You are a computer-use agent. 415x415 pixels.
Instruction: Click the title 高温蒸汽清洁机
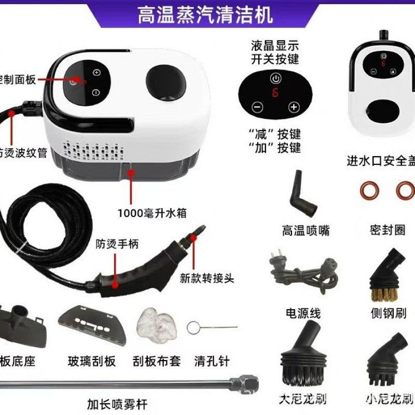(x=204, y=16)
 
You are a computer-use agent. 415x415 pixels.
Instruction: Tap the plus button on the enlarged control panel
(x=294, y=107)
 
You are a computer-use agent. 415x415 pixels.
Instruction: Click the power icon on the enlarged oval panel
(x=275, y=79)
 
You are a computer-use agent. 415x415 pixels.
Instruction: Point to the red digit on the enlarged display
(x=275, y=94)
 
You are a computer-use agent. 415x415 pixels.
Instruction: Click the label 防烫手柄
(x=117, y=244)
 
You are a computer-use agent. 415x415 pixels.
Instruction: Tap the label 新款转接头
(x=207, y=278)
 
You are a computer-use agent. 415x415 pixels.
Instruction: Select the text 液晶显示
(x=275, y=45)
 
